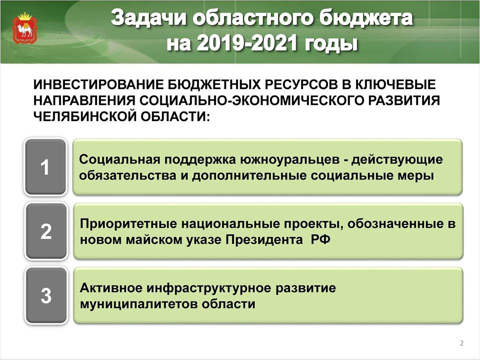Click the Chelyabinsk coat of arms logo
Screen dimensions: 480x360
(25, 28)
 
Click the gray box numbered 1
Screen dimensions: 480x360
(45, 167)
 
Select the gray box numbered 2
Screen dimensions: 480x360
(46, 231)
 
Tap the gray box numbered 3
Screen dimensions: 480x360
(46, 295)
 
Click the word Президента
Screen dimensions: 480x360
(264, 239)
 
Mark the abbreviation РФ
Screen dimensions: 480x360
(321, 239)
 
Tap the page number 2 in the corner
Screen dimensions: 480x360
(462, 343)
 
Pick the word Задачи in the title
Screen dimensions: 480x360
(148, 18)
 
